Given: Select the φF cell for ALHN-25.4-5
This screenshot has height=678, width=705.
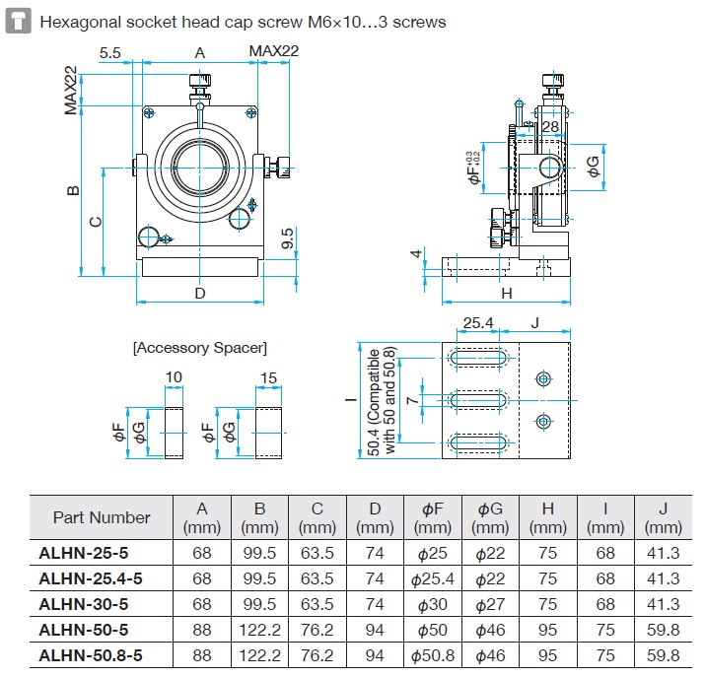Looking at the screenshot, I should (436, 578).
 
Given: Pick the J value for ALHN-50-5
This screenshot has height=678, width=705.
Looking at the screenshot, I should (662, 629).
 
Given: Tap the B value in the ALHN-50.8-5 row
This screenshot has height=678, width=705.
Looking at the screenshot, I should (259, 654).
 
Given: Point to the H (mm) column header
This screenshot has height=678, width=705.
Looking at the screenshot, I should (547, 517).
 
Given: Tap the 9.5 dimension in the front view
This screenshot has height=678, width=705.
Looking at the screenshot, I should (286, 238).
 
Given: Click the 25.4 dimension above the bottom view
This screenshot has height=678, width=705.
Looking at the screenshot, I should (477, 322).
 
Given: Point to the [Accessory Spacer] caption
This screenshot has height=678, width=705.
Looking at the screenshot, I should (199, 348).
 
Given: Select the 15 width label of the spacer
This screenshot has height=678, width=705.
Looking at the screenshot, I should (268, 377).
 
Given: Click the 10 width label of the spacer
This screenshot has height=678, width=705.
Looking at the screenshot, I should (174, 377).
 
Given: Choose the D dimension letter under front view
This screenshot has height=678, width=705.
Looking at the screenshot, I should (199, 293).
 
